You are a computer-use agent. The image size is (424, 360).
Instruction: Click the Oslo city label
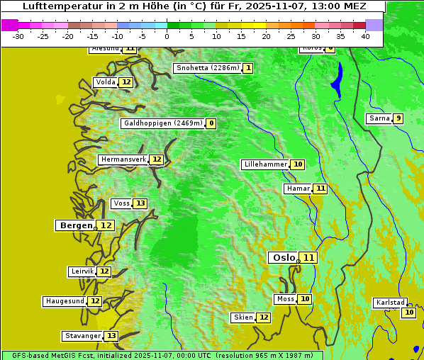pos(284,258)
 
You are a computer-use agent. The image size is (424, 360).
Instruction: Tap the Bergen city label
pos(76,225)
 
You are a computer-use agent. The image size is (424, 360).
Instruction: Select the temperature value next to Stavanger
pos(111,336)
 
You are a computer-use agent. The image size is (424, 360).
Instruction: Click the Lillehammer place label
pos(265,164)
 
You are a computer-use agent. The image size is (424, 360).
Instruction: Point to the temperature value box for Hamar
pos(320,189)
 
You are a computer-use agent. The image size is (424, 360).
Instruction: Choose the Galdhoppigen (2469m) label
pos(163,123)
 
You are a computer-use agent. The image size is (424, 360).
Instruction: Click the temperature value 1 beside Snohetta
pos(247,68)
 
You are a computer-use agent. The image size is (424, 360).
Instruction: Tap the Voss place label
pos(121,203)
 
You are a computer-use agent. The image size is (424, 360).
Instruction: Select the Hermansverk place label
pos(123,159)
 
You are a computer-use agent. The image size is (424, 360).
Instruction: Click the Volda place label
pos(106,82)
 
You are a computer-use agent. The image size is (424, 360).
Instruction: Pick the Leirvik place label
pos(82,271)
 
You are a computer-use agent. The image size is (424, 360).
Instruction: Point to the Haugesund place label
pos(65,301)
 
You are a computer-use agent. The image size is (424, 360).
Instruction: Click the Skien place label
pos(243,317)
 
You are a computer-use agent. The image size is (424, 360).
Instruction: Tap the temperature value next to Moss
pos(305,299)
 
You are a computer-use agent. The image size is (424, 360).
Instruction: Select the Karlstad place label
pos(391,303)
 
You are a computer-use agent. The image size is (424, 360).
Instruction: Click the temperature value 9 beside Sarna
pos(398,118)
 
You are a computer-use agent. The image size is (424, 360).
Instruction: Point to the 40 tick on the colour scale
pos(365,36)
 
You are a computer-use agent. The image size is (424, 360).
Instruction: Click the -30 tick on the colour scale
pos(18,36)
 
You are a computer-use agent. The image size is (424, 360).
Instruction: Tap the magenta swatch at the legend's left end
pos(9,25)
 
